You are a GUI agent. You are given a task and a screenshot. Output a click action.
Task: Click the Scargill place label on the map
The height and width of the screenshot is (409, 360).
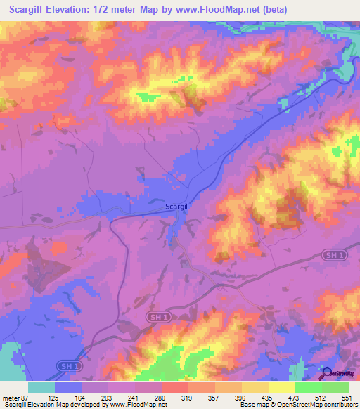(x=176, y=207)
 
